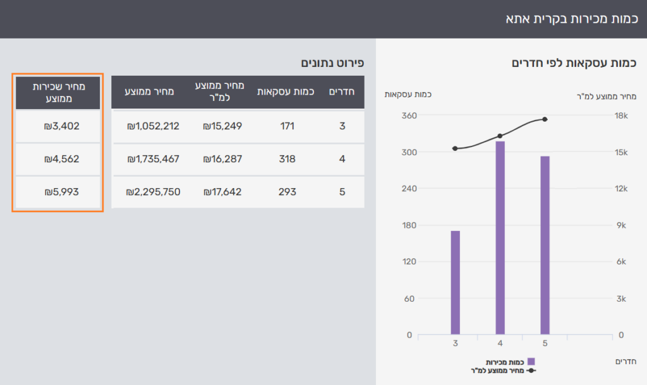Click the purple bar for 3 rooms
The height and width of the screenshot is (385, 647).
pos(455,283)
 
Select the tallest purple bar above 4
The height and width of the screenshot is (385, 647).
pos(500,238)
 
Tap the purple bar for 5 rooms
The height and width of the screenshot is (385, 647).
pos(545,246)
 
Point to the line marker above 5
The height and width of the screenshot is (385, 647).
pos(545,119)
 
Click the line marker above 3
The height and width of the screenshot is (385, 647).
pos(455,148)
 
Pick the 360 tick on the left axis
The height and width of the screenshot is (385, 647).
pos(409,115)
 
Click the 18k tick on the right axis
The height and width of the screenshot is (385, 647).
pos(621,115)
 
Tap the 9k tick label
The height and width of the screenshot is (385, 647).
pos(621,225)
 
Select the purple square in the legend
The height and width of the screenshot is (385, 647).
pos(531,362)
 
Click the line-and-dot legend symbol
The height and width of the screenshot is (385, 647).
pos(531,370)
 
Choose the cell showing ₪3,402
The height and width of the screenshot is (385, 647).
pos(61,126)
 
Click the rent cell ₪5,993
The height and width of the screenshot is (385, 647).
pos(61,192)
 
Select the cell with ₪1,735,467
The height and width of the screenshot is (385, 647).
pos(153,159)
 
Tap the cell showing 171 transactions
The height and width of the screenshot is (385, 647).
pos(287,126)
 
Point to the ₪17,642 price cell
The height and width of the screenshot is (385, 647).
pos(222,192)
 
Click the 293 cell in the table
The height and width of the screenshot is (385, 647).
pos(287,192)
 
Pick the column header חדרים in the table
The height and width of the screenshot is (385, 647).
pos(342,92)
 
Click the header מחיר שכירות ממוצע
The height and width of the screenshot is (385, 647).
pos(59,92)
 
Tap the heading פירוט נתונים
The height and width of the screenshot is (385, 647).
pos(332,62)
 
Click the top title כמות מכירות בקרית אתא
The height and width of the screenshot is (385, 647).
pos(571,19)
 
